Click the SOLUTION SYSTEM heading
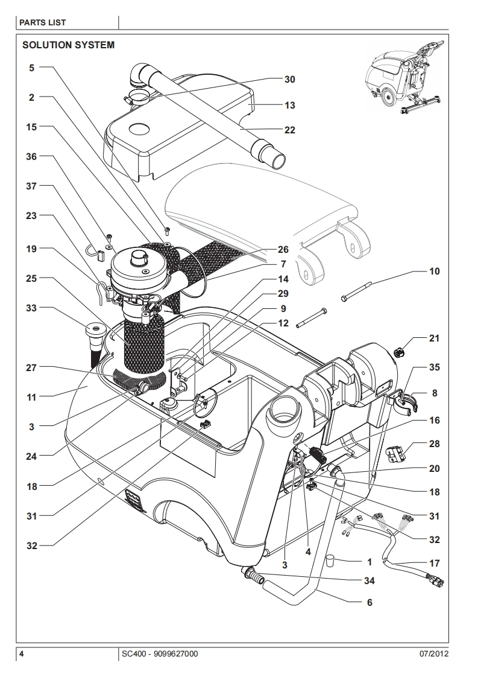click(x=68, y=45)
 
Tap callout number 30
click(x=290, y=80)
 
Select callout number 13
click(x=290, y=106)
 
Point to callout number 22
click(x=290, y=130)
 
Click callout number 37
click(x=31, y=186)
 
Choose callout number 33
click(x=31, y=308)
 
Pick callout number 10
click(x=435, y=271)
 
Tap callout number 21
click(x=435, y=338)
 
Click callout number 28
click(x=435, y=444)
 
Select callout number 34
click(x=370, y=580)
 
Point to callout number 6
click(x=370, y=602)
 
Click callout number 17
click(x=435, y=563)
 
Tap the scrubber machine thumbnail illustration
click(x=404, y=78)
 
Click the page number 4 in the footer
click(x=22, y=653)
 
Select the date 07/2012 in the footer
click(x=434, y=653)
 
